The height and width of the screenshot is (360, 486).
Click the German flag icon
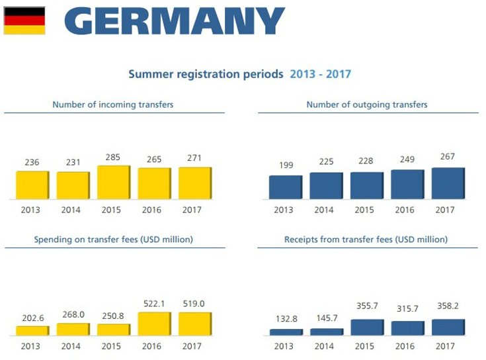(24, 21)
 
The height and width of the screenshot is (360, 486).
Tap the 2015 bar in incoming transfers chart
(113, 182)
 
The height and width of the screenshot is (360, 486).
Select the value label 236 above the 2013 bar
(32, 163)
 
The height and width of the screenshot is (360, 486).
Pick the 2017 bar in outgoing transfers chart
(448, 183)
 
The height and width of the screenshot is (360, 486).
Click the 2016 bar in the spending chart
(154, 324)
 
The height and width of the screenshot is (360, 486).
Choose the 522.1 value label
(154, 304)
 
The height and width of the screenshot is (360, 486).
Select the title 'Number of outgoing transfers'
(367, 105)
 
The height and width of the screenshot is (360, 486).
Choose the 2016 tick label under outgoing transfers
(407, 210)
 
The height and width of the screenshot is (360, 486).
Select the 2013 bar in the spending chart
(32, 330)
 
